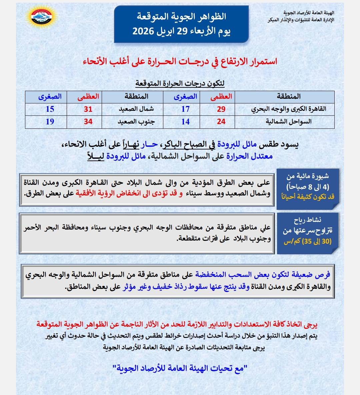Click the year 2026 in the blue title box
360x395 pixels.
click(143, 32)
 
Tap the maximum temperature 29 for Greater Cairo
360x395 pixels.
click(221, 109)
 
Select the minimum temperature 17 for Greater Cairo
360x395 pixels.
click(185, 109)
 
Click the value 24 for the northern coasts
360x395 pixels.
click(221, 122)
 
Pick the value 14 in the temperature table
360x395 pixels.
click(185, 122)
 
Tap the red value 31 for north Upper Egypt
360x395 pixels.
click(88, 109)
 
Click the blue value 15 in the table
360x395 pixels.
click(50, 109)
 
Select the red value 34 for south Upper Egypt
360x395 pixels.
click(88, 122)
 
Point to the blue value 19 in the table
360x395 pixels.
click(50, 122)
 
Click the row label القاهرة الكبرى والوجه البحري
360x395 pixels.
click(289, 109)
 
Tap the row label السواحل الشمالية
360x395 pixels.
click(289, 122)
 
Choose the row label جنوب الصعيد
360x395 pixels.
click(136, 122)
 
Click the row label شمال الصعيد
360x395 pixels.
click(136, 109)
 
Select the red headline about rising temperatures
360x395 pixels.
click(180, 61)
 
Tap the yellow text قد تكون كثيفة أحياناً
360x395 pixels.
click(307, 196)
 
